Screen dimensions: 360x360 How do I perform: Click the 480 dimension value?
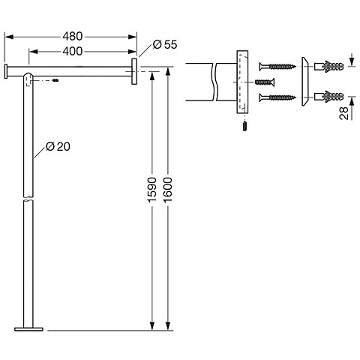tap(72, 37)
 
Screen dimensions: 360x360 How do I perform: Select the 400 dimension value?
tap(72, 51)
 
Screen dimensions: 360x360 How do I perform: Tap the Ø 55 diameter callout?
tap(165, 44)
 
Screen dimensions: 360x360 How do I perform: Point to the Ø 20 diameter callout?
tap(58, 146)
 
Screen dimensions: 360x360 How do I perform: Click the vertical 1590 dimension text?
tap(151, 190)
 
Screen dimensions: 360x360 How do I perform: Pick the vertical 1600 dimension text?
tap(167, 190)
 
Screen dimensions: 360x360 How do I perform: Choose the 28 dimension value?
tap(344, 113)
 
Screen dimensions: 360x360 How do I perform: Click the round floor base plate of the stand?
tap(28, 329)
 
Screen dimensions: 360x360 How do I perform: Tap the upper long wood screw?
tap(277, 67)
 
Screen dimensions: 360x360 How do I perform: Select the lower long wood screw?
tap(277, 97)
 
